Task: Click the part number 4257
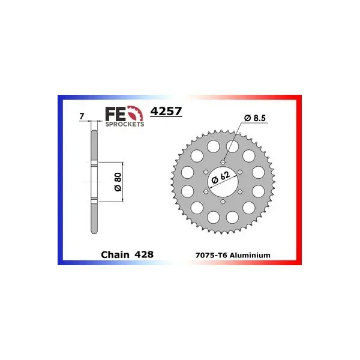pyautogui.click(x=166, y=111)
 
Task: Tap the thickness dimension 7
pyautogui.click(x=82, y=116)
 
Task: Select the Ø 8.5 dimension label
pyautogui.click(x=255, y=118)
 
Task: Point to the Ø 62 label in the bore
pyautogui.click(x=221, y=178)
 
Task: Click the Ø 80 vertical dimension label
pyautogui.click(x=118, y=182)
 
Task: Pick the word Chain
pyautogui.click(x=115, y=254)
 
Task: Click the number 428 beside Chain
pyautogui.click(x=144, y=254)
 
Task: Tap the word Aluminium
pyautogui.click(x=250, y=256)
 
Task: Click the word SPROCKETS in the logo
pyautogui.click(x=125, y=124)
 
